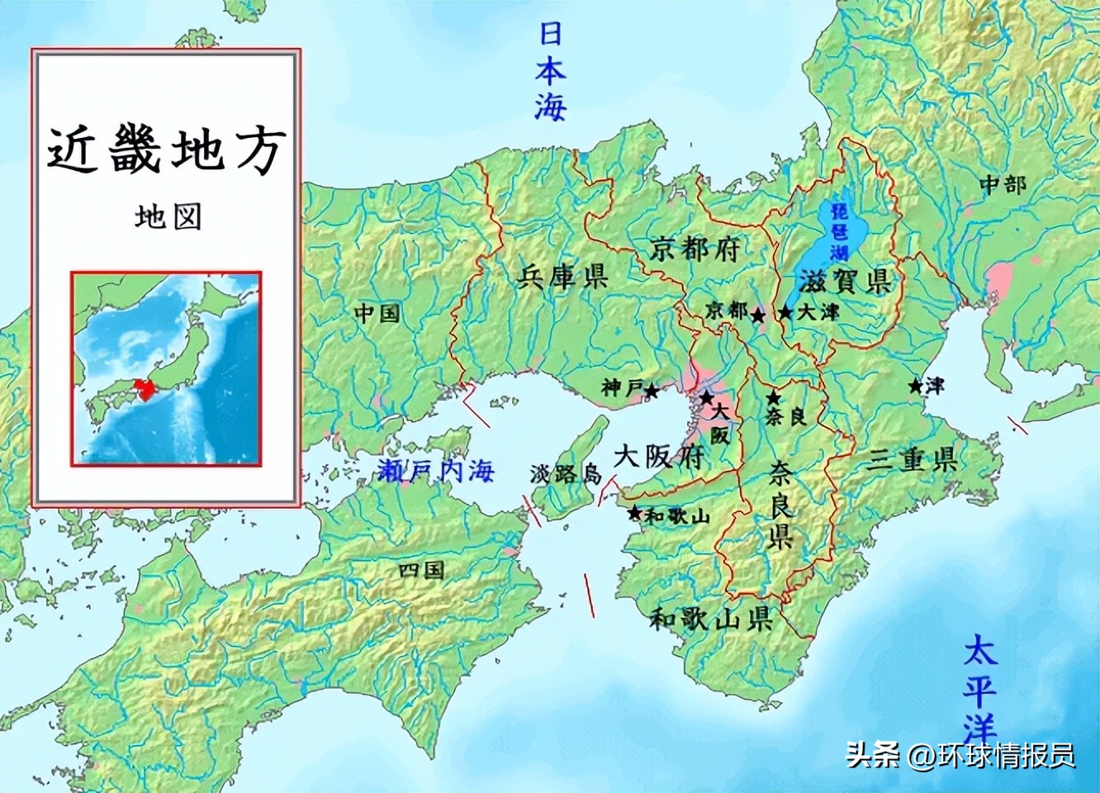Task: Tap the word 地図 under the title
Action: click(x=168, y=216)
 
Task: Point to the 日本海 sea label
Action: click(x=550, y=71)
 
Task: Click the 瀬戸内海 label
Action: click(x=435, y=471)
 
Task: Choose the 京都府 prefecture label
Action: click(x=695, y=248)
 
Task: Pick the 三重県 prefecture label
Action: click(x=912, y=459)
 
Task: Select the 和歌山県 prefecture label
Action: click(x=710, y=617)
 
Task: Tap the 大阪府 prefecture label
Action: click(x=657, y=455)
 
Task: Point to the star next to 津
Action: click(x=915, y=386)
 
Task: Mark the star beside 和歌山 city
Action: click(x=634, y=513)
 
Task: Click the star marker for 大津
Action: click(x=785, y=313)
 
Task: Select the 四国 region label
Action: click(x=421, y=570)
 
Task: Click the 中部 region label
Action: click(x=1003, y=184)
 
